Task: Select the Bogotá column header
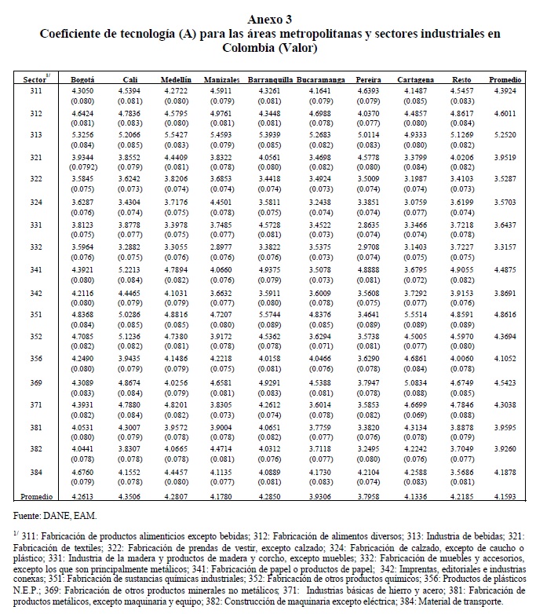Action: coord(82,80)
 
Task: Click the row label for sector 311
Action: coord(37,92)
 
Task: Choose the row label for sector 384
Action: coord(37,473)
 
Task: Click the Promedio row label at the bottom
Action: coord(37,497)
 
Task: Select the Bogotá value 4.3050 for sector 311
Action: coord(82,92)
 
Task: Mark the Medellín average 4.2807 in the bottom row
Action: coord(176,497)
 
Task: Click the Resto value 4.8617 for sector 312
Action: coord(461,114)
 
